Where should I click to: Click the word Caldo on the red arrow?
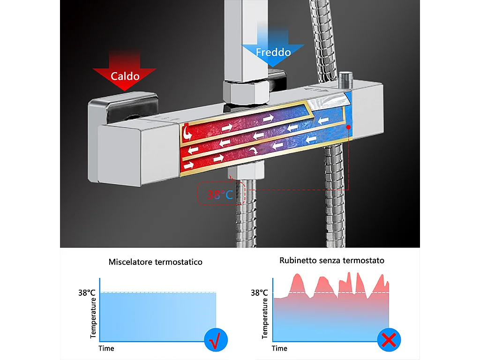(x=125, y=76)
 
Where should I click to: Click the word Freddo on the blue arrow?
(x=273, y=52)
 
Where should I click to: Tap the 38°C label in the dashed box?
(x=221, y=194)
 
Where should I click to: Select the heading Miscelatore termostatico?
(x=156, y=262)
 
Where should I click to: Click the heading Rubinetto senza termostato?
(x=332, y=260)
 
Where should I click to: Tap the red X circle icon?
(x=389, y=340)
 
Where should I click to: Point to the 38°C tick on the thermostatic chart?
(x=88, y=293)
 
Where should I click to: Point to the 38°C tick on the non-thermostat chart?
(x=259, y=293)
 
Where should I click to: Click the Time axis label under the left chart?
(x=106, y=348)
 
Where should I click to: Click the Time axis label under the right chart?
(x=279, y=348)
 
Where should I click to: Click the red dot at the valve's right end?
(x=348, y=127)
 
